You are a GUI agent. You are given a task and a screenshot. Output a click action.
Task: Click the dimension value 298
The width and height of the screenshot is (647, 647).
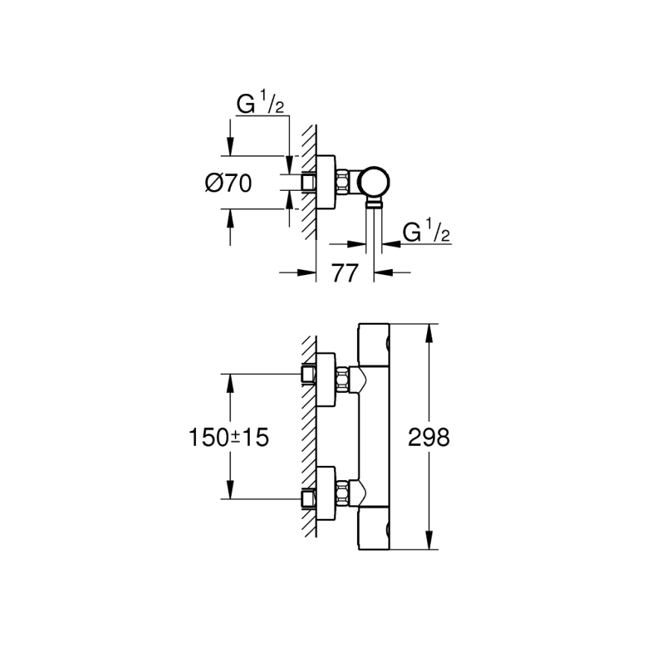tap(429, 438)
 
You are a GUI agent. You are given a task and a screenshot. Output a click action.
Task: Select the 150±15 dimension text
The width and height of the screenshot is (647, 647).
tap(229, 438)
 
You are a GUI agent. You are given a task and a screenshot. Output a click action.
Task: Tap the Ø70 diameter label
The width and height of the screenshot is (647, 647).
tap(227, 183)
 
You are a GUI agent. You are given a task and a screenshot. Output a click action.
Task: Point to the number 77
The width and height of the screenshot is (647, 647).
tap(344, 274)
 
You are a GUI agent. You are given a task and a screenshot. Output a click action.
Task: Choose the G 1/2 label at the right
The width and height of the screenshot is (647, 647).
tap(427, 233)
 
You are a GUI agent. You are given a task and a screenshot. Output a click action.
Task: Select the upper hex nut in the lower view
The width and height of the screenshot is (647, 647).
tap(343, 379)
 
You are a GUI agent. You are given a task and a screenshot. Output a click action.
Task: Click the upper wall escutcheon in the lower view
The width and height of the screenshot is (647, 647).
tap(326, 379)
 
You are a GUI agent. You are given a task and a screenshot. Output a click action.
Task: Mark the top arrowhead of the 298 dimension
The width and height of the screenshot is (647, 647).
tap(430, 329)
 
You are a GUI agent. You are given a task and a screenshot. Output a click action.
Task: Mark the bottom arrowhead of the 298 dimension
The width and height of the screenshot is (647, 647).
tap(430, 546)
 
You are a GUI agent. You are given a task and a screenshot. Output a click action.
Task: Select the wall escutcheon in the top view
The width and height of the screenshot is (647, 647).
tap(326, 183)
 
